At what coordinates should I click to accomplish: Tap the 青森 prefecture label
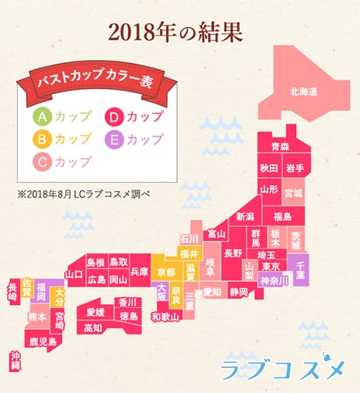(x=280, y=147)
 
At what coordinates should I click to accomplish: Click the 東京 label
(x=270, y=266)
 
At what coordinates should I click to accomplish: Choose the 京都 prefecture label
(x=167, y=272)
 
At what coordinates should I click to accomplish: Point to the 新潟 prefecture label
(x=245, y=217)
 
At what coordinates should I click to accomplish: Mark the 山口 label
(x=73, y=275)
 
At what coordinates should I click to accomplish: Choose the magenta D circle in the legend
(x=115, y=117)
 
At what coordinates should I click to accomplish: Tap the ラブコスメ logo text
(x=283, y=367)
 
